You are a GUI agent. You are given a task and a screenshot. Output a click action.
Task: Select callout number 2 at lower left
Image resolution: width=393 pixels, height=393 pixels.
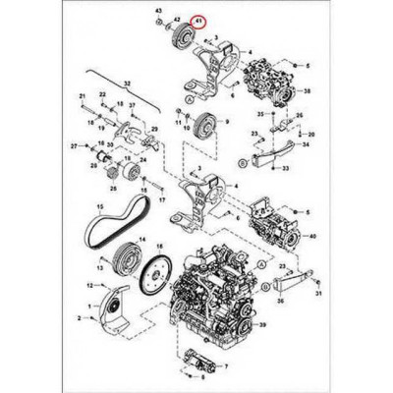coord(80,319)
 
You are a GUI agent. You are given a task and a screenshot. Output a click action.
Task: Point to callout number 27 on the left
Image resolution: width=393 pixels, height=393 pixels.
coord(75,144)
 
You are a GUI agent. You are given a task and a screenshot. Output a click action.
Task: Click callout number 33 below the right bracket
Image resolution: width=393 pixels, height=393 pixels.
coord(286,169)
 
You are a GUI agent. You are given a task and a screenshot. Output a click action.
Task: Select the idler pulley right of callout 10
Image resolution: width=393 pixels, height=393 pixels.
coord(205,127)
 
